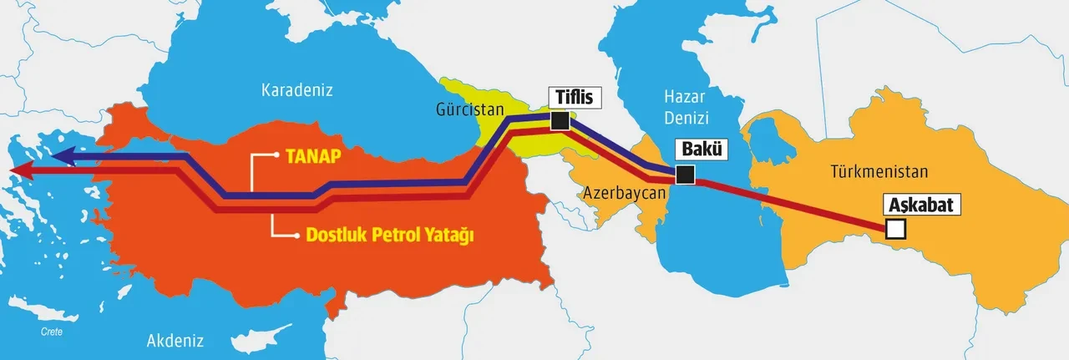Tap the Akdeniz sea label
point(175,340)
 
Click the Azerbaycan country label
point(624,192)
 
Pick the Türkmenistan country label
point(879,172)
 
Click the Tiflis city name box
point(574,97)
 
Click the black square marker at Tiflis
point(560,122)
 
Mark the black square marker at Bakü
point(685,175)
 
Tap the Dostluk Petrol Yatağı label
point(396,236)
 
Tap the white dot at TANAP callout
point(276,155)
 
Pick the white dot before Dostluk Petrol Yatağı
point(296,236)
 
